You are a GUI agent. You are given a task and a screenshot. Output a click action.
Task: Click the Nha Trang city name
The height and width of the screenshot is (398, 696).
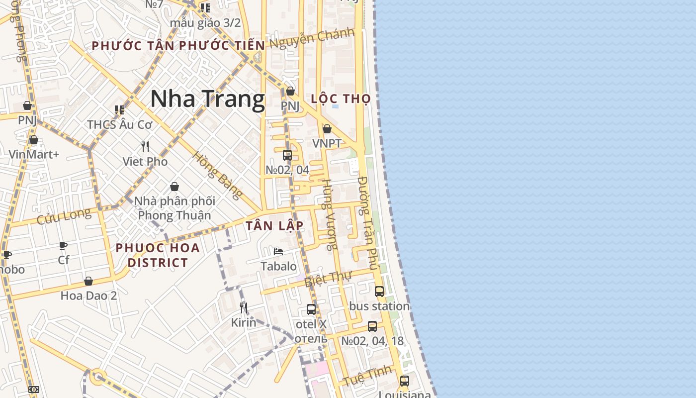(207, 99)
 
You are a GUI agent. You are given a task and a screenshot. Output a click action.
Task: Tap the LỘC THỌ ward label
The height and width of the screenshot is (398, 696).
(341, 99)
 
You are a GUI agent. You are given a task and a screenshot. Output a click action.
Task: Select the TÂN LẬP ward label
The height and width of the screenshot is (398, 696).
(274, 225)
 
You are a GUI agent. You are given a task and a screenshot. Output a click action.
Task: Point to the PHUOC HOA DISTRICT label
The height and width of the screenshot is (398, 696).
(158, 255)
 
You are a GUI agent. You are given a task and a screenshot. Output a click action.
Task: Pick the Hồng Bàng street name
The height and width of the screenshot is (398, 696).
(218, 175)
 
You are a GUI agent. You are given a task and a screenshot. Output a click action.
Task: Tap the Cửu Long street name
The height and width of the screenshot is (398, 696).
(64, 216)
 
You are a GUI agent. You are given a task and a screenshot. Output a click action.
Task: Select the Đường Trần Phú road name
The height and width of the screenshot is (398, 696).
(368, 222)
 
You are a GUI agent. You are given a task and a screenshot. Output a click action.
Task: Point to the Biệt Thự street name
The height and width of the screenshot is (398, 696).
(328, 279)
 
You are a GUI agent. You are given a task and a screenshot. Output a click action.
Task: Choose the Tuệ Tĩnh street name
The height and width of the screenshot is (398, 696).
(367, 377)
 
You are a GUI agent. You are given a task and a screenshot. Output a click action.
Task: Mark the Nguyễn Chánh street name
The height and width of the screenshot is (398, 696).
(312, 38)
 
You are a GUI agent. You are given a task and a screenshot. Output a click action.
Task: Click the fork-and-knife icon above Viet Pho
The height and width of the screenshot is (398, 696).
(145, 147)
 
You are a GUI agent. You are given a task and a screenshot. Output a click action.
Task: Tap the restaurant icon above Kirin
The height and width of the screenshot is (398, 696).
(244, 308)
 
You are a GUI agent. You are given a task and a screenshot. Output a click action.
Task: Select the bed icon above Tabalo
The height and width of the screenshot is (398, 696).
(278, 251)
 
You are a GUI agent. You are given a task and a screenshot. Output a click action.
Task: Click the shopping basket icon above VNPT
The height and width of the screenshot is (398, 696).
(327, 129)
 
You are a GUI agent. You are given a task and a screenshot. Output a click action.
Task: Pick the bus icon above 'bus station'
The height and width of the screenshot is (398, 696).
(379, 292)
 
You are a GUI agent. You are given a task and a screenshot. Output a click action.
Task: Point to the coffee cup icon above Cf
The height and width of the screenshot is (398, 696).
(63, 245)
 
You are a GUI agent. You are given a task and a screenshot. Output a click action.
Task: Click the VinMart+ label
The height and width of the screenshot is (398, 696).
(34, 154)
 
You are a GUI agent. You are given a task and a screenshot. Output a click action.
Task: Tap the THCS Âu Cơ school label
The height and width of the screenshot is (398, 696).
(119, 124)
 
